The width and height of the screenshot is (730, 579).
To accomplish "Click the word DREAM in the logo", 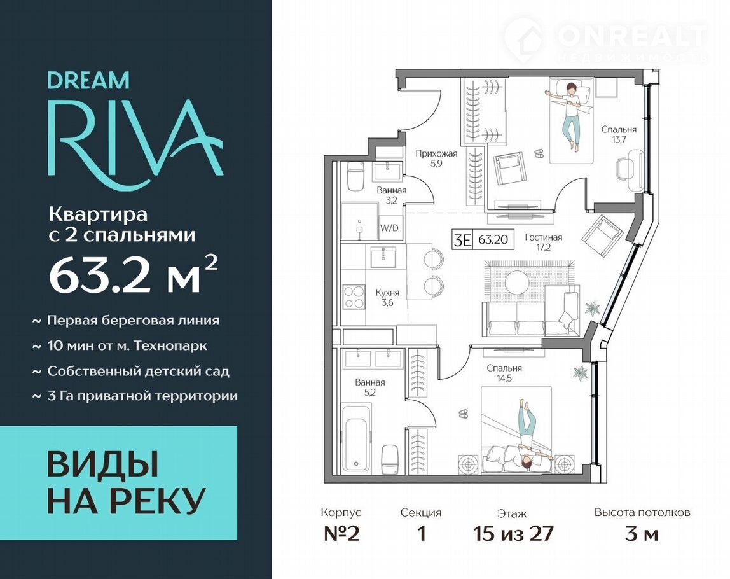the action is pos(88,80).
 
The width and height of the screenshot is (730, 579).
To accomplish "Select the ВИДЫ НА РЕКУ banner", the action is pos(119,482).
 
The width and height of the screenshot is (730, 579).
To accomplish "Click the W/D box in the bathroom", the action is pos(389,228).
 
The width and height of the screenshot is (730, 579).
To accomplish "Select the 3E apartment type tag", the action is pos(463,240).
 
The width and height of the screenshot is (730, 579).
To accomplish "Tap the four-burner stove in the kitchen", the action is pos(354,297).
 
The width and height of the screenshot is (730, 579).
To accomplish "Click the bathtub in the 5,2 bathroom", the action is pos(357,439).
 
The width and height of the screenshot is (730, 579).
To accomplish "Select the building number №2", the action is pos(341,533).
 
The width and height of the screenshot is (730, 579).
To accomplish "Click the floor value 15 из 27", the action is pos(513,533).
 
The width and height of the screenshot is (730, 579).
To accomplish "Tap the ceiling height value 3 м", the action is pos(642,533).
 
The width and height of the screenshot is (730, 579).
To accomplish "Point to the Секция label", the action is pos(421,513).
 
